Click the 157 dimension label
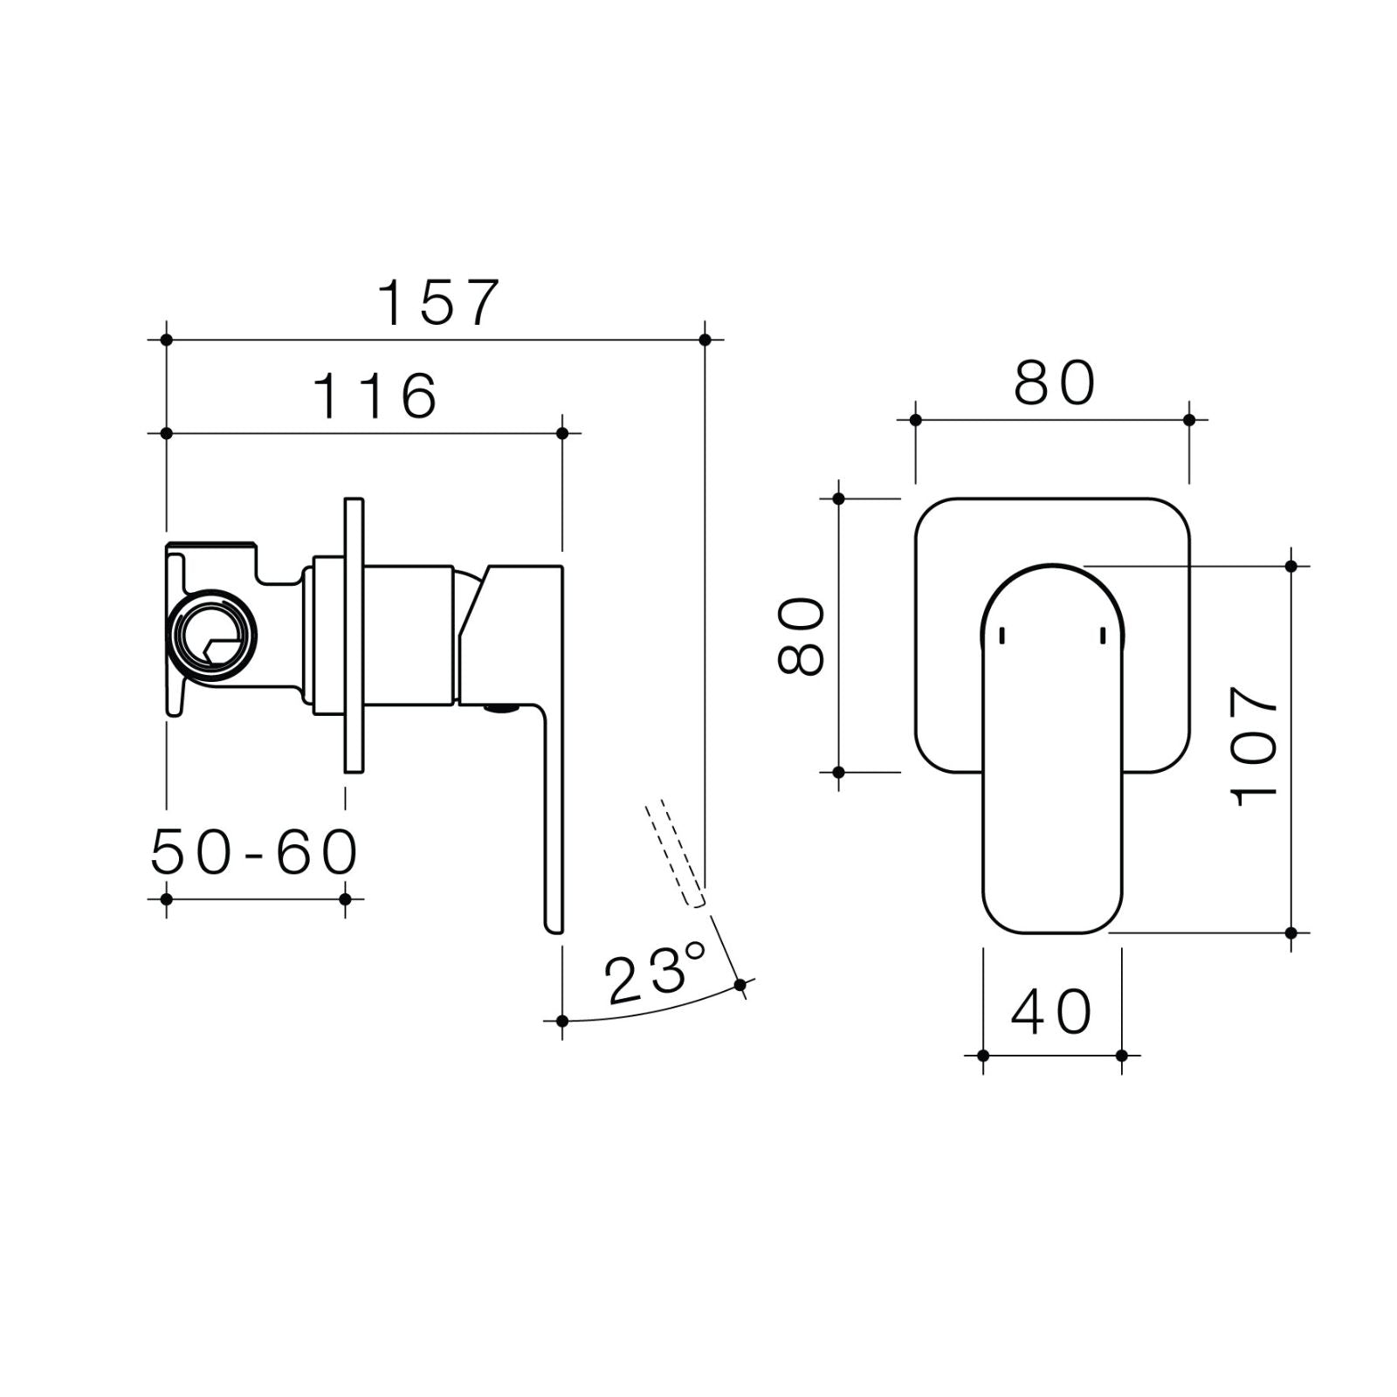438,303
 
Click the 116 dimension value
375,396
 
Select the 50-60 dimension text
254,852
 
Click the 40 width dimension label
1051,1012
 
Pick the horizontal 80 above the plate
1054,383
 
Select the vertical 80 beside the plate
802,636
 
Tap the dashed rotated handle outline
674,854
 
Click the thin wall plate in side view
354,636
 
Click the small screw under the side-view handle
500,709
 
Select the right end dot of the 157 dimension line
705,340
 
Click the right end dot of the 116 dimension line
562,433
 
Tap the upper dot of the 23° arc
740,985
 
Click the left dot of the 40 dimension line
983,1056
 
